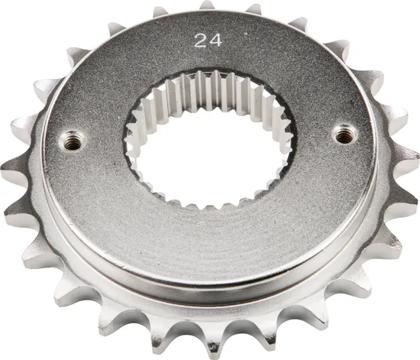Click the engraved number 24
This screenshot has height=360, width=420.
click(204, 41)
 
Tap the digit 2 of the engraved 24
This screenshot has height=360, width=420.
click(198, 41)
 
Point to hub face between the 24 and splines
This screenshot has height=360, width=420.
click(205, 60)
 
